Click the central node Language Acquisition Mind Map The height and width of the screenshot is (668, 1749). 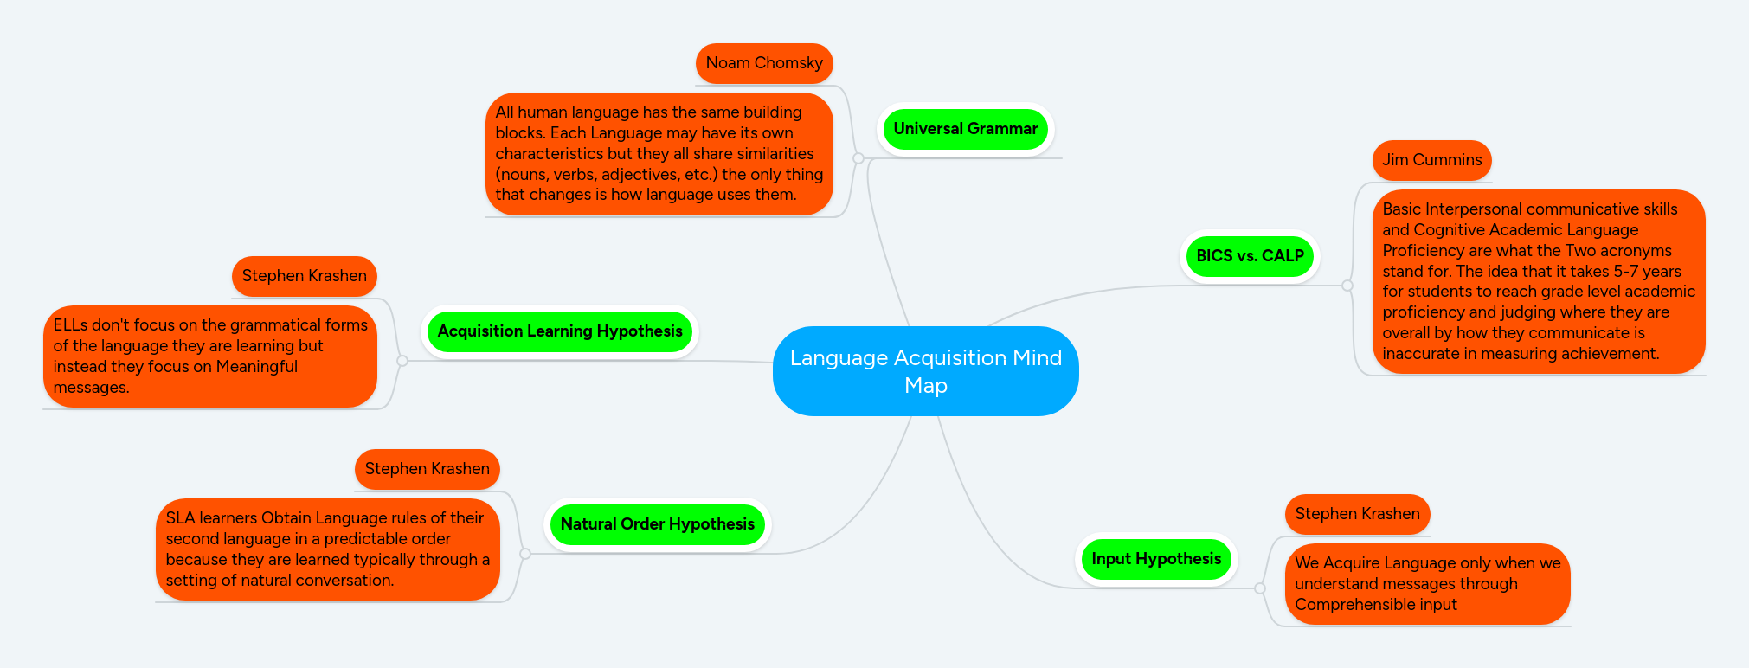(x=925, y=371)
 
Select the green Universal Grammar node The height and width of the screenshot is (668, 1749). (x=965, y=129)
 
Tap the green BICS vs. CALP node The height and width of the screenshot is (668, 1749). (x=1250, y=256)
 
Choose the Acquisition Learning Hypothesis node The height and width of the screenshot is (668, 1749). (x=559, y=331)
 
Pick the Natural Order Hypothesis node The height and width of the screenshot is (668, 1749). (x=657, y=524)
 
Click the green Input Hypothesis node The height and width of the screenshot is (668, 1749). (x=1156, y=559)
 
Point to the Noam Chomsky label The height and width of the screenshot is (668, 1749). (x=763, y=63)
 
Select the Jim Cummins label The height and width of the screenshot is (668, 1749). (x=1431, y=160)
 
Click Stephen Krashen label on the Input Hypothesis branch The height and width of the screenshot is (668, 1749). (x=1357, y=514)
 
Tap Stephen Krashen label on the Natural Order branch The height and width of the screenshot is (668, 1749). (x=427, y=469)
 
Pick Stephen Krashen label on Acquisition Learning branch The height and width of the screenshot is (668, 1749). (x=304, y=276)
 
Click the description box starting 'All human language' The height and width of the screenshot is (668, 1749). (x=659, y=154)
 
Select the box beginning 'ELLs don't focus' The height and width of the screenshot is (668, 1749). (x=210, y=356)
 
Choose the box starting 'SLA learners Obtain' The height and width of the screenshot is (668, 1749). (x=327, y=549)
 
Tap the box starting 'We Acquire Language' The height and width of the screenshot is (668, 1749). (x=1427, y=584)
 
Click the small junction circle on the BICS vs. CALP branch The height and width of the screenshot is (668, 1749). (x=1347, y=286)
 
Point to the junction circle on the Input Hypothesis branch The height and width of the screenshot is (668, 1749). (x=1260, y=588)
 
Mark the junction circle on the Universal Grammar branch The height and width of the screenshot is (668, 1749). (x=858, y=158)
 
